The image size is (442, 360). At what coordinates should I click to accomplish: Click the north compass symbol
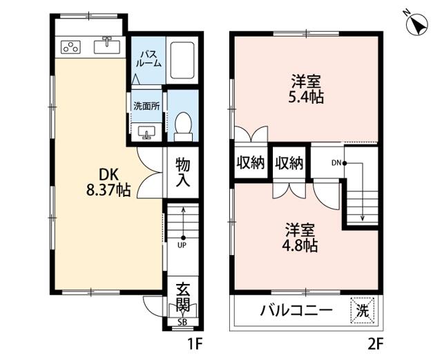[x=416, y=23]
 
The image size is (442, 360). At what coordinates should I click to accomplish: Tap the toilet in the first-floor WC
[x=183, y=126]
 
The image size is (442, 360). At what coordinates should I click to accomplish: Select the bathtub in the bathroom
[x=182, y=60]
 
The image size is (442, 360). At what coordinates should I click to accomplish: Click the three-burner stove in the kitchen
[x=70, y=47]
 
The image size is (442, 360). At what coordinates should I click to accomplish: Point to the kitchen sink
[x=107, y=46]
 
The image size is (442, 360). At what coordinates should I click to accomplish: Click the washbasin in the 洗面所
[x=146, y=132]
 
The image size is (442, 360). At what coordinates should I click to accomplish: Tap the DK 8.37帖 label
[x=108, y=182]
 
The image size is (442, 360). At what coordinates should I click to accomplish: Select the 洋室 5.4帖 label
[x=306, y=89]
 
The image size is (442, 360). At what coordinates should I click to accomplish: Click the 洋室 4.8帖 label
[x=300, y=238]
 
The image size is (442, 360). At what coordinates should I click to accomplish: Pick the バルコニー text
[x=296, y=311]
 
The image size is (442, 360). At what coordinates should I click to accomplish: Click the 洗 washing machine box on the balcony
[x=363, y=310]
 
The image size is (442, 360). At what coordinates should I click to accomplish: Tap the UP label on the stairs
[x=182, y=245]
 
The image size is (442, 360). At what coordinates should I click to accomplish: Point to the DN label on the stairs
[x=336, y=163]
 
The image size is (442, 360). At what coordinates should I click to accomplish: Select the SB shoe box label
[x=182, y=322]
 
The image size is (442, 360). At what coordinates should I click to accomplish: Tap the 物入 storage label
[x=182, y=172]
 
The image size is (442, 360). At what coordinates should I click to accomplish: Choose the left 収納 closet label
[x=250, y=163]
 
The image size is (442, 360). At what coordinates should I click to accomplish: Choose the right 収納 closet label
[x=289, y=163]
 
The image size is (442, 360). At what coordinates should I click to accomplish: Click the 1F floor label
[x=195, y=344]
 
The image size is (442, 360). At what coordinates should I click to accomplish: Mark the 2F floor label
[x=376, y=344]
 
